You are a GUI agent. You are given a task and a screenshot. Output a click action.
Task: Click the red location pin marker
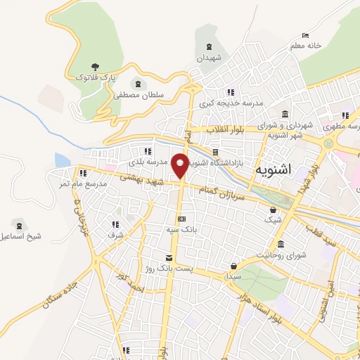point(181,164)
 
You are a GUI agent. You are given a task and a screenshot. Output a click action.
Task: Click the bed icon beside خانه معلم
point(304,34)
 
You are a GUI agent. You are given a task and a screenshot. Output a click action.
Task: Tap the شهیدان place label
point(209,58)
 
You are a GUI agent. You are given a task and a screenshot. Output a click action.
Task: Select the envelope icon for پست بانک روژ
point(168,257)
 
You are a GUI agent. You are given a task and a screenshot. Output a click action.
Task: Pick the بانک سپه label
point(181,229)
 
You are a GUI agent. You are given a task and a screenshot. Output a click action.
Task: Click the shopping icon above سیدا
point(233,266)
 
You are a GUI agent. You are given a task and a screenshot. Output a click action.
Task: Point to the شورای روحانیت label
point(281,255)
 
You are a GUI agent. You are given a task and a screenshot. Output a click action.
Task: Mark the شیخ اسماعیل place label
point(20,236)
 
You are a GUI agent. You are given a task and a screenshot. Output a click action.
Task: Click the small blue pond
point(62,160)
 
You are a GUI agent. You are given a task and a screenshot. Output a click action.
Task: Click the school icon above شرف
point(115,225)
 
